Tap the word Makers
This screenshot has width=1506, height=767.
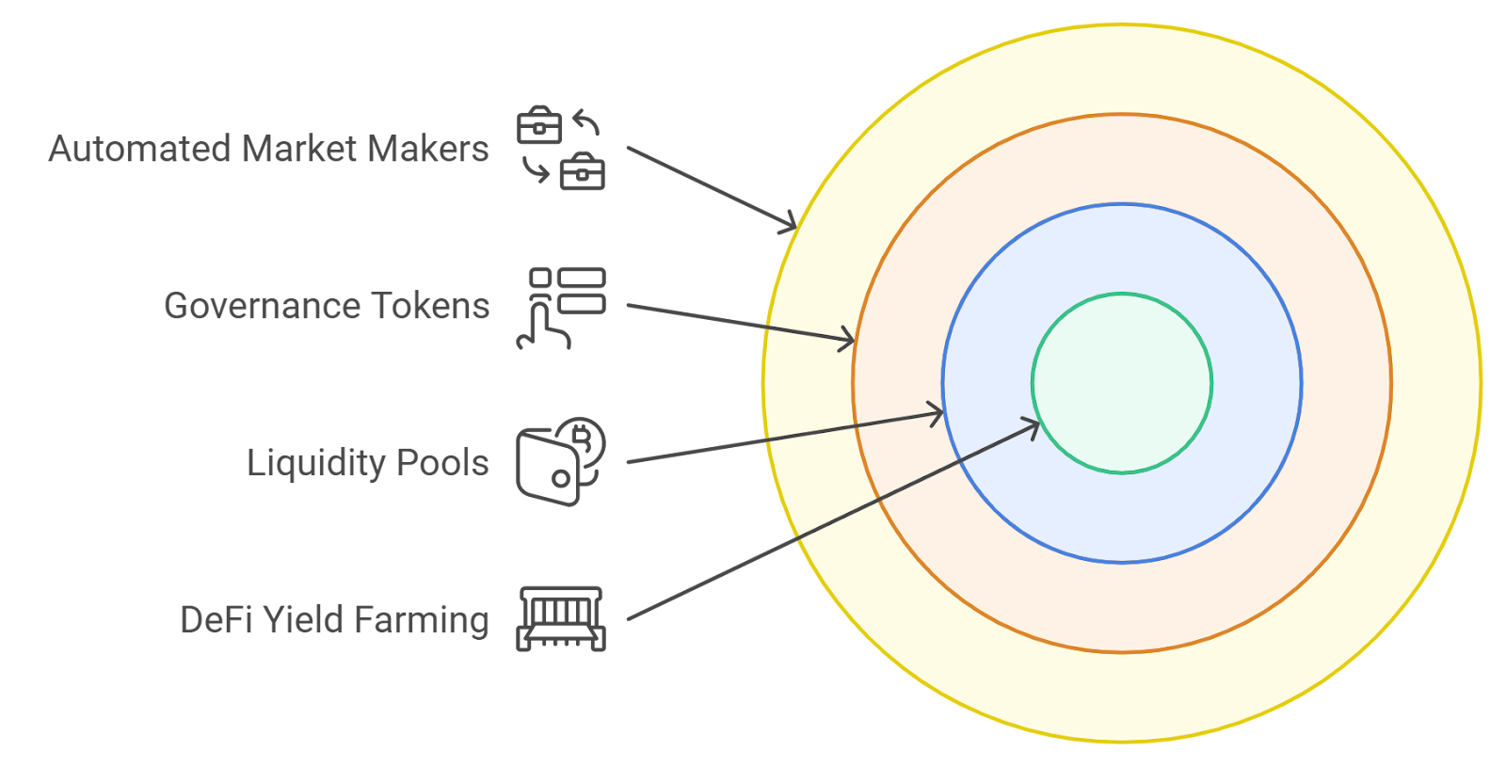pos(428,149)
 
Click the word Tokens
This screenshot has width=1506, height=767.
pos(430,306)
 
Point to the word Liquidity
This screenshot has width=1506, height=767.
pos(316,463)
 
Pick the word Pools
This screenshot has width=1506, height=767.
pos(442,463)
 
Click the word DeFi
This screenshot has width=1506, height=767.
pos(216,620)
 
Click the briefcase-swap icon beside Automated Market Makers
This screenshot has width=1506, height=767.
pos(561,149)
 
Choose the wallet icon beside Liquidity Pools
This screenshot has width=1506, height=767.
pos(561,462)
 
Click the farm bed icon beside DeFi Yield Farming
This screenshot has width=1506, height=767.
pos(561,619)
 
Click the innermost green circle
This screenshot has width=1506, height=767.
pos(1122,383)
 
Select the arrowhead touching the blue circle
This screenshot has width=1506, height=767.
pos(937,413)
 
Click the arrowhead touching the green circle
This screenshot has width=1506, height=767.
pos(1033,427)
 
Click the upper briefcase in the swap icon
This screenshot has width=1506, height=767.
pos(539,125)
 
